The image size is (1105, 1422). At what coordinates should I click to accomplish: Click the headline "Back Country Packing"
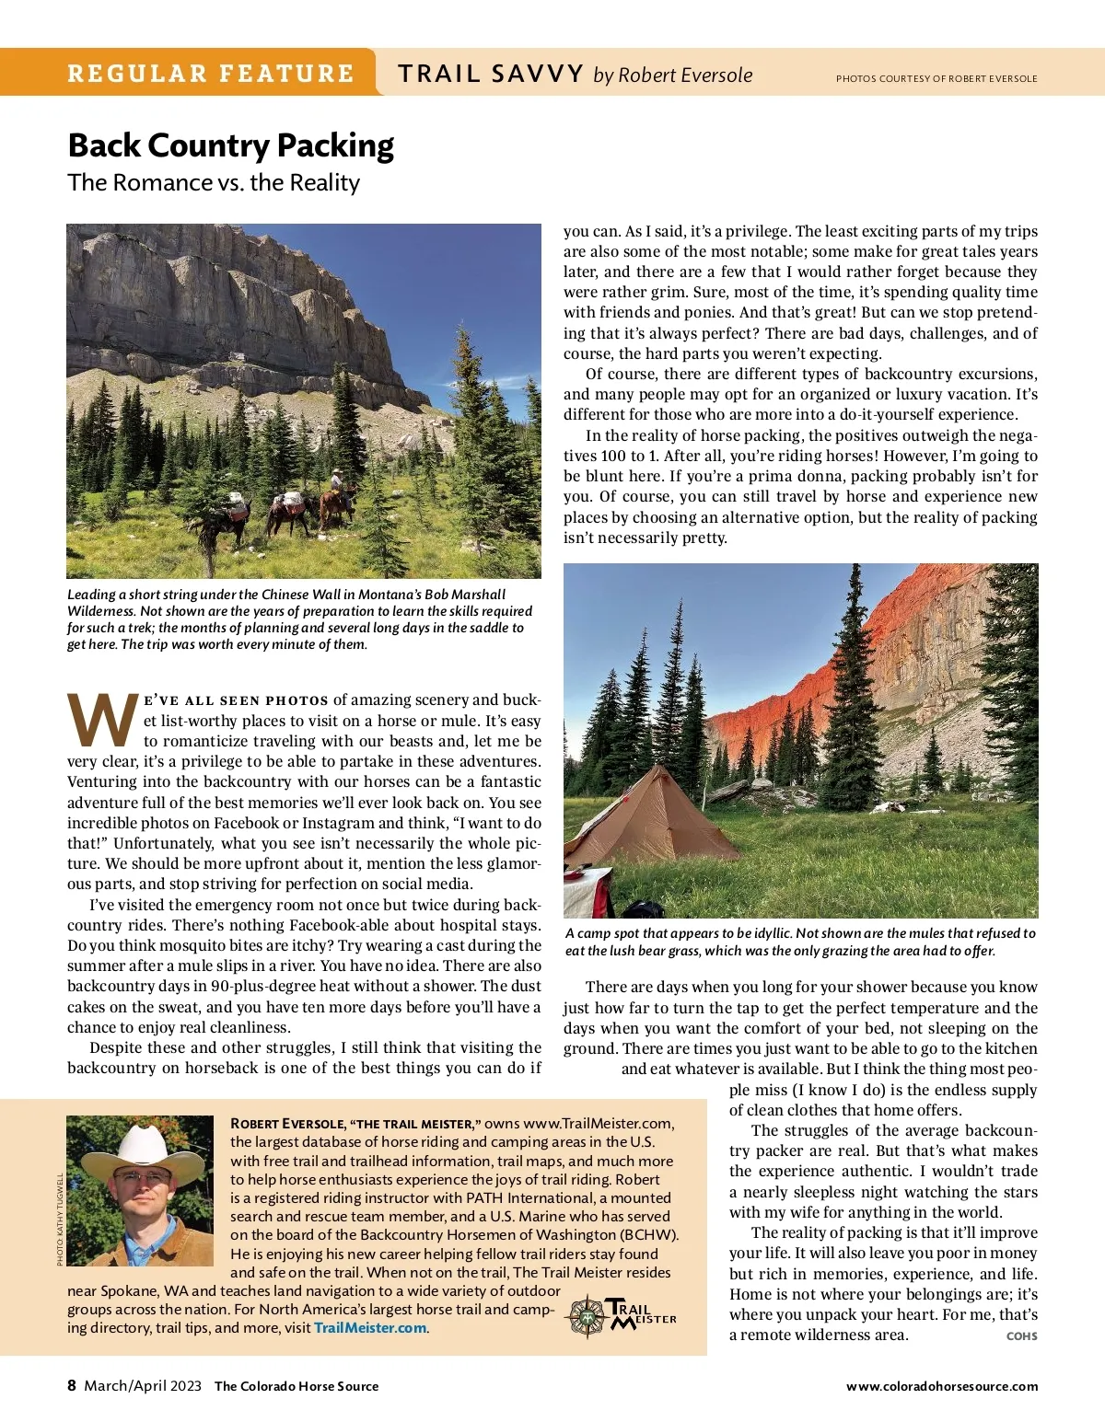coord(230,145)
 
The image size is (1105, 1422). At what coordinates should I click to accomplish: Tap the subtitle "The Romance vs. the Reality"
coord(213,182)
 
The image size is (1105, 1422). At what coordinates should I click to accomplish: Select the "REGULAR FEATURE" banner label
coord(210,74)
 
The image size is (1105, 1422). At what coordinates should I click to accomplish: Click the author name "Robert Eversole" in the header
coord(685,75)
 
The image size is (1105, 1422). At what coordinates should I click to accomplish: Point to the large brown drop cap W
coord(103,721)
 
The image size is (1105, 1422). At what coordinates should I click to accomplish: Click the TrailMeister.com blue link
coord(370,1327)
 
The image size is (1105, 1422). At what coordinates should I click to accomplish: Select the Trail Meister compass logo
coord(586,1316)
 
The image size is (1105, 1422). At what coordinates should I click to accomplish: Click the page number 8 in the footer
coord(72,1385)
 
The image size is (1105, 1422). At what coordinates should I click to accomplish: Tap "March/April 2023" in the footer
coord(143,1385)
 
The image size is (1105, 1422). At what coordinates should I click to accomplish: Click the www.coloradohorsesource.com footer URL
coord(942,1386)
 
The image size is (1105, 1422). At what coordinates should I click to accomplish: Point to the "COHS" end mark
coord(1021,1335)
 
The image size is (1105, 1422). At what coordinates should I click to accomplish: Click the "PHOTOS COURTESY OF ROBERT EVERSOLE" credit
coord(936,78)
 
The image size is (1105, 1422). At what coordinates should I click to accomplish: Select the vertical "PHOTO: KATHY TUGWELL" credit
coord(60,1219)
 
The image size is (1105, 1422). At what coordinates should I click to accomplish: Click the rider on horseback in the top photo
coord(337,488)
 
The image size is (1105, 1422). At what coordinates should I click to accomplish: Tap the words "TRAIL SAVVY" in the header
coord(490,74)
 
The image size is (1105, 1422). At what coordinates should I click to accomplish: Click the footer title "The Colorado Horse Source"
coord(297,1386)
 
